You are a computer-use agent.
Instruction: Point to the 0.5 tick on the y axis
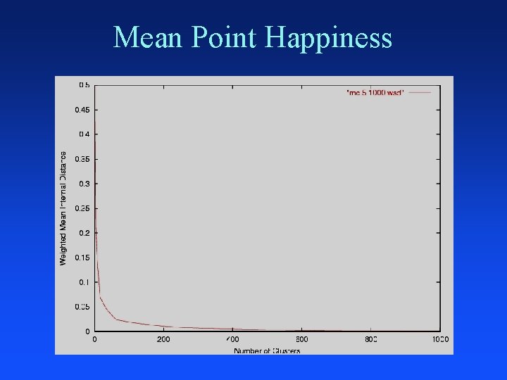click(x=84, y=85)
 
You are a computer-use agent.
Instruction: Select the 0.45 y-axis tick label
click(x=82, y=110)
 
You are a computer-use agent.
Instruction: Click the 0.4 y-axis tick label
click(x=84, y=134)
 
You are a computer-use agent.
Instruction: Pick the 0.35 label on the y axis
click(x=82, y=159)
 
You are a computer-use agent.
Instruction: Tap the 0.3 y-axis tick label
click(x=84, y=184)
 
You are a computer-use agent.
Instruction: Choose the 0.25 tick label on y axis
click(x=82, y=208)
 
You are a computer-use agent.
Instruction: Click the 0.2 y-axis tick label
click(x=84, y=233)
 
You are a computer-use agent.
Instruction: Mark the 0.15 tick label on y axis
click(x=82, y=258)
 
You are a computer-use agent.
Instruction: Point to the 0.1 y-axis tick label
click(x=84, y=282)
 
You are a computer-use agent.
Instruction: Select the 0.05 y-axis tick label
click(x=82, y=307)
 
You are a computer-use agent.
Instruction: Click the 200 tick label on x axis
click(x=163, y=340)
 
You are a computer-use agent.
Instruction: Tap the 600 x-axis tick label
click(x=301, y=340)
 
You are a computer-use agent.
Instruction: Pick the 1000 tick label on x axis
click(x=440, y=340)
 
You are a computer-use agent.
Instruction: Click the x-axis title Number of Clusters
click(x=267, y=350)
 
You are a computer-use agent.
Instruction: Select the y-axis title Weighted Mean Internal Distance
click(x=63, y=208)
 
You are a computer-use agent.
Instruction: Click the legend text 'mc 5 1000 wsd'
click(x=375, y=92)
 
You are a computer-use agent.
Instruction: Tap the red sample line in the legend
click(x=420, y=92)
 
